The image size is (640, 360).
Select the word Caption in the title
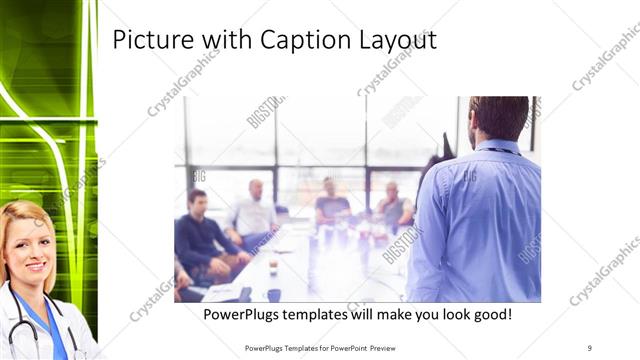tap(300, 41)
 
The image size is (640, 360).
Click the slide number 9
tap(589, 348)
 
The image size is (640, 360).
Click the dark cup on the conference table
tap(273, 295)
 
